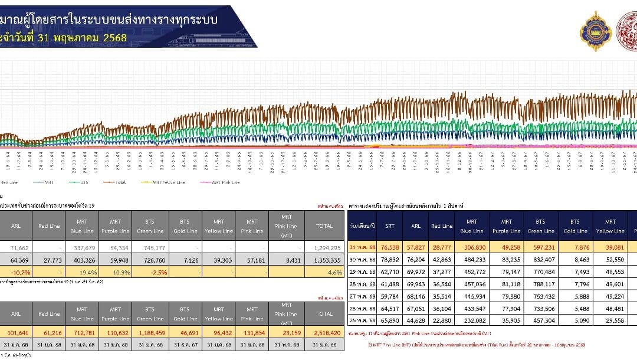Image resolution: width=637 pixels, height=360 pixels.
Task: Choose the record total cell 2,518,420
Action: [324, 332]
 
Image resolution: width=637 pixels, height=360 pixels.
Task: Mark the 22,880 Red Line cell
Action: [441, 321]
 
